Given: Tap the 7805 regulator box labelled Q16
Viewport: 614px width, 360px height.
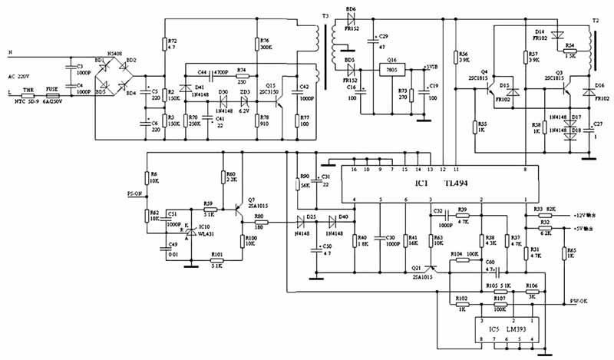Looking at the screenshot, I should [x=391, y=69].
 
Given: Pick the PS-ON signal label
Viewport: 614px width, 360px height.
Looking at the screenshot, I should [x=136, y=194].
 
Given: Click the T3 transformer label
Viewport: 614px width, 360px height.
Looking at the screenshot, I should [x=325, y=15].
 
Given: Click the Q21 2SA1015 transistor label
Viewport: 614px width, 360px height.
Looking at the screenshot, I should [x=421, y=272].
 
